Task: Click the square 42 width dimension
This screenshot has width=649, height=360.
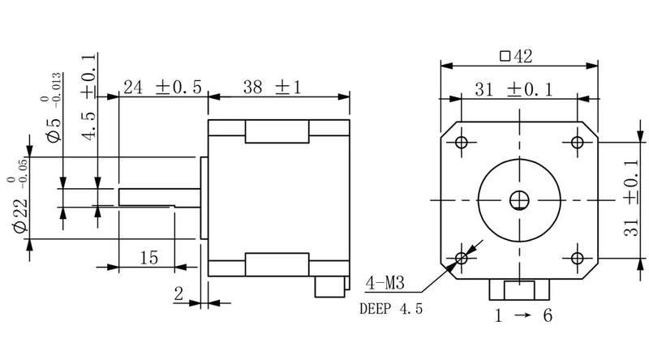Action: coord(516,57)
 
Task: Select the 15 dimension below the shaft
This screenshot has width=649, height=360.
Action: coord(148,258)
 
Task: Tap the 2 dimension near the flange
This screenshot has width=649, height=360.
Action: coord(178,294)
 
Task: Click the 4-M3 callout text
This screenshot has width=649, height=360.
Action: coord(388,285)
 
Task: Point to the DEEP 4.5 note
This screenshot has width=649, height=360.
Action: coord(390,309)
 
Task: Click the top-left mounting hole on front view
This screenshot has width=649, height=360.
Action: coord(462,142)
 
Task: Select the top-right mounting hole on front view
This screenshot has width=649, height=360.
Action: coord(577,142)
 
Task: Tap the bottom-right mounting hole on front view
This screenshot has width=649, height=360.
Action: coord(577,258)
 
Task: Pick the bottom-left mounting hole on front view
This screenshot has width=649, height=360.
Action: coord(462,258)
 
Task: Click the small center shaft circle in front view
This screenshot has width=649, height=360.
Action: coord(519,199)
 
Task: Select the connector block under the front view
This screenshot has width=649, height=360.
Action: coord(520,289)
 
